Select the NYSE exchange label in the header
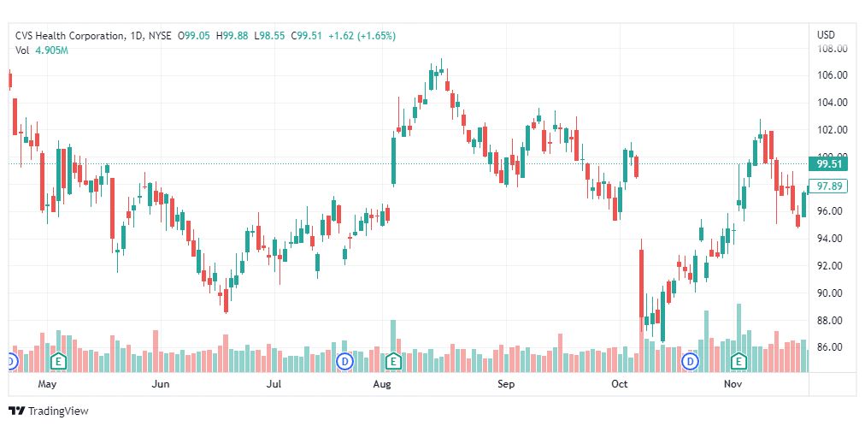[x=159, y=36]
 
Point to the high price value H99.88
[x=232, y=36]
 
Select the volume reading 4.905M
[x=51, y=50]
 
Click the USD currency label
[x=826, y=35]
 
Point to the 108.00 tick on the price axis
[x=832, y=49]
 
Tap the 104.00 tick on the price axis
[x=832, y=103]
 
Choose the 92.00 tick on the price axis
[x=832, y=266]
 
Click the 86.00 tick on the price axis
[x=832, y=347]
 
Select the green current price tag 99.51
[x=831, y=163]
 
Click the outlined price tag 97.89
[x=831, y=186]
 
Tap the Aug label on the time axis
[x=382, y=385]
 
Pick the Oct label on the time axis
[x=619, y=385]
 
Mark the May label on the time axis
[x=47, y=385]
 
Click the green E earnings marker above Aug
[x=393, y=362]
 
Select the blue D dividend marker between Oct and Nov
[x=689, y=362]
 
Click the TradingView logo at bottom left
[x=48, y=411]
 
